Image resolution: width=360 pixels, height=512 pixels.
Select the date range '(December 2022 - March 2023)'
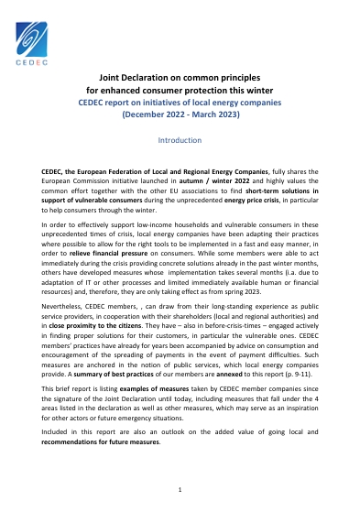click(x=180, y=117)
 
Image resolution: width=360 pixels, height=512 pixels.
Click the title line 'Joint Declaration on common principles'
click(x=180, y=79)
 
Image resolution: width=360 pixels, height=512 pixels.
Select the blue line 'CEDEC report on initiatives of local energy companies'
click(x=180, y=104)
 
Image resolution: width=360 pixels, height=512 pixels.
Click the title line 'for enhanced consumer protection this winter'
click(x=180, y=92)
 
